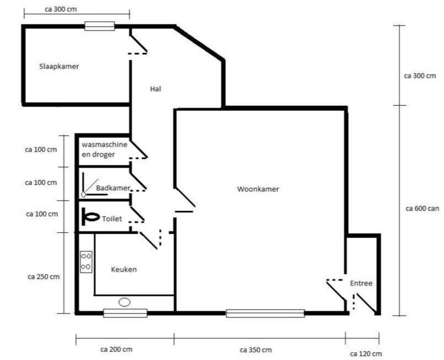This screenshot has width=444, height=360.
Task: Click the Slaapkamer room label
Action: tap(58, 66)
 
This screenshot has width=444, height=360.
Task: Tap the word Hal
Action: tap(155, 88)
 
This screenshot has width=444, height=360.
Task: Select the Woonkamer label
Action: tap(258, 189)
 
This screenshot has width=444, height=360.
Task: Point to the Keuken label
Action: tap(124, 270)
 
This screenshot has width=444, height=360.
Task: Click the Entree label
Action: tap(361, 283)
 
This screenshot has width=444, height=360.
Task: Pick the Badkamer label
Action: tap(113, 188)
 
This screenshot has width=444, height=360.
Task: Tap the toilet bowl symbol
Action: tap(89, 218)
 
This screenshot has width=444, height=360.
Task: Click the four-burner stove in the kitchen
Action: tap(86, 261)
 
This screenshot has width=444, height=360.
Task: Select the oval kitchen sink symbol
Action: tap(125, 302)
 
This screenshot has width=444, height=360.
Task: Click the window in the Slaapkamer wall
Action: tap(99, 25)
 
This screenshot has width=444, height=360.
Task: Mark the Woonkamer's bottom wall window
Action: tap(265, 313)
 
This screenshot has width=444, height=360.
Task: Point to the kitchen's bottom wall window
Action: tap(125, 313)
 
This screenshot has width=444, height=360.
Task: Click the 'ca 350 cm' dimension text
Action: tap(255, 350)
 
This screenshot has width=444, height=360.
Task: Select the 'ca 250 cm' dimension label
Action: tap(43, 276)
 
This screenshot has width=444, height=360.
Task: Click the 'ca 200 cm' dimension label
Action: tap(116, 350)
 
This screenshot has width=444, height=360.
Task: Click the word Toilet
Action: tap(112, 219)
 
